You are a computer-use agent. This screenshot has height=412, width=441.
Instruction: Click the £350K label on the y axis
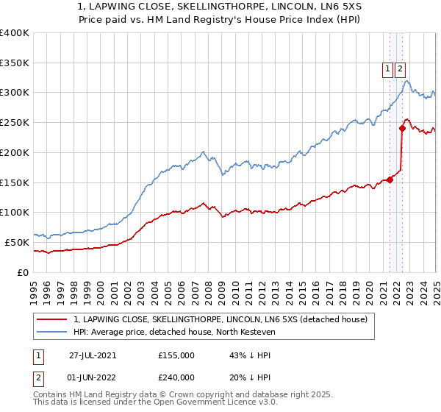point(15,63)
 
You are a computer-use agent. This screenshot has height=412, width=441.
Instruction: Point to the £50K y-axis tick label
point(18,242)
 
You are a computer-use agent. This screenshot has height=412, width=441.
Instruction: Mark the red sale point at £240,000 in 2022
point(403,128)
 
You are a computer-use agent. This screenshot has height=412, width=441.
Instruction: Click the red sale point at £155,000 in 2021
point(390,179)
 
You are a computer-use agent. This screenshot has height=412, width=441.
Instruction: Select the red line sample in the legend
point(52,319)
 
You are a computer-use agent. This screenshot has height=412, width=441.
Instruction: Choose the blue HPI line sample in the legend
point(52,332)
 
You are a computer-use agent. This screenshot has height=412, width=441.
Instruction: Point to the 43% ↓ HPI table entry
point(251,355)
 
